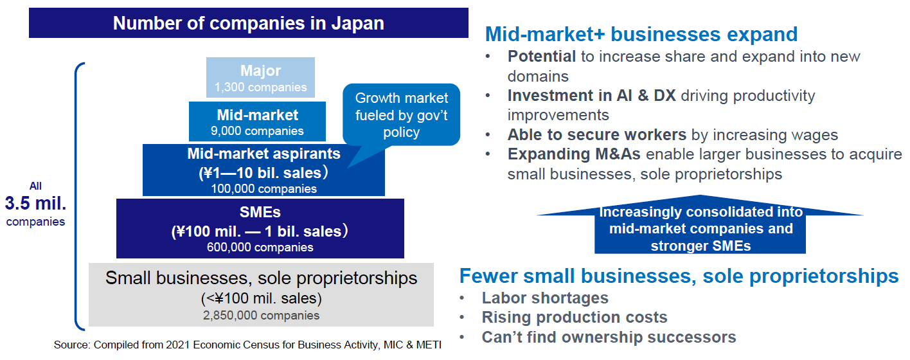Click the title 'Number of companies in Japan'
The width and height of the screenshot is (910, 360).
point(248,23)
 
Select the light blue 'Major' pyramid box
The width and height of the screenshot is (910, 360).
point(260,77)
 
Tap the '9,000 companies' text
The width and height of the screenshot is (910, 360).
point(257,131)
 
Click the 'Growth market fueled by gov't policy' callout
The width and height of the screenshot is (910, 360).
point(402,114)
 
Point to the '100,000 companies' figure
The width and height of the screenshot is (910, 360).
point(263,189)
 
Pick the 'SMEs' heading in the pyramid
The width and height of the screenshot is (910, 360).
point(260,212)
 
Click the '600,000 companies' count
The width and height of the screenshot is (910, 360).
point(260,248)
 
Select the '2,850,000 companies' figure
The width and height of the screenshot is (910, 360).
point(261,315)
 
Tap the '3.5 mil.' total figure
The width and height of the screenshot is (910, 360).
point(35,203)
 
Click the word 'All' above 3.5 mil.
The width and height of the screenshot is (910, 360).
point(35,186)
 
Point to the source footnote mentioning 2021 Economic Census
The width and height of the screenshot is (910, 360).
point(247,345)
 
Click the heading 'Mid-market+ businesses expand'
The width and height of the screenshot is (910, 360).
point(641,34)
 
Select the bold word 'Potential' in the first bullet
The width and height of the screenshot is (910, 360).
point(542,57)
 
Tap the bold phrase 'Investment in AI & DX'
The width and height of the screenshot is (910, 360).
point(591,96)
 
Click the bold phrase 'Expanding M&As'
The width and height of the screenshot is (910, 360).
point(574,154)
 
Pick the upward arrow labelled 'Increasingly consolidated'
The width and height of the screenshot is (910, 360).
point(700,224)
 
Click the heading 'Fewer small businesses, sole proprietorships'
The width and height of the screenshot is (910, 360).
point(679,276)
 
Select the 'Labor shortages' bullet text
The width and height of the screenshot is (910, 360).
point(545,298)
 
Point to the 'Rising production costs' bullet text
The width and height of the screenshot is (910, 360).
point(575,318)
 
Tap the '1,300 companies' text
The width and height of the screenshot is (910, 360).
point(260,87)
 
